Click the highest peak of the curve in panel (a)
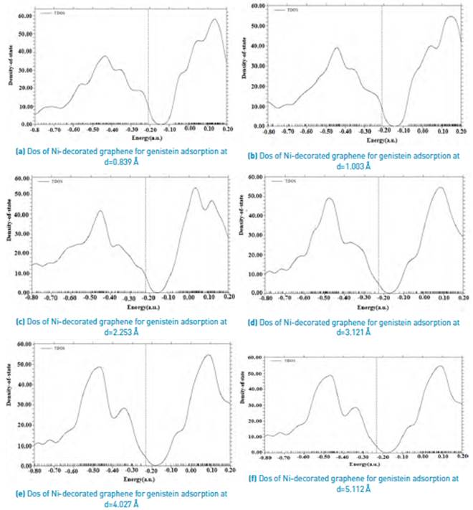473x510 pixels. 215,19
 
